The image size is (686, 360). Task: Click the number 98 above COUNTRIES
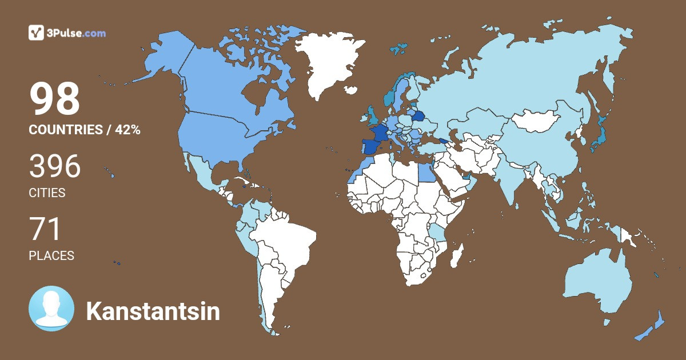pos(54,99)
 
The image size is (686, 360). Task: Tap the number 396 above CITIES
pos(55,166)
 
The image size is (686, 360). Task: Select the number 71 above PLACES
pos(45,229)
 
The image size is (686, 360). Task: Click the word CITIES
pos(47,193)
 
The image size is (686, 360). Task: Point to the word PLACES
pos(51,255)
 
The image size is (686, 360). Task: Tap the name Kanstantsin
pos(153,312)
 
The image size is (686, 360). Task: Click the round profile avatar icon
pos(51,309)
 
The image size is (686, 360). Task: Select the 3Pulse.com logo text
pos(77,33)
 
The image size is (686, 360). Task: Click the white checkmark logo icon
pos(37,33)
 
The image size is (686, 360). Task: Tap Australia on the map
pos(597,283)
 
